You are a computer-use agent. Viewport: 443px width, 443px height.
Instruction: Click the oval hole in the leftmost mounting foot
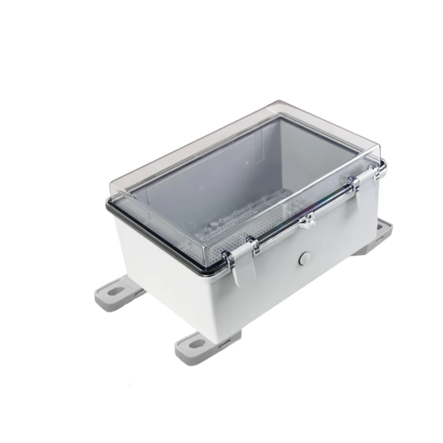point(116,292)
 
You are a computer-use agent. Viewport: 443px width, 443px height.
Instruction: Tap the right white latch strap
point(367,195)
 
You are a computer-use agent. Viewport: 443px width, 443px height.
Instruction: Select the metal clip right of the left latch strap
point(252,243)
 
